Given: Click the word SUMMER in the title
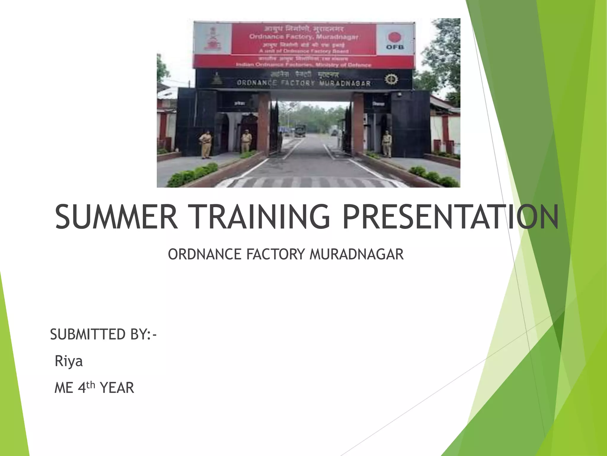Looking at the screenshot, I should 116,217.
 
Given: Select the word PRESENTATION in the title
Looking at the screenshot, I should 450,217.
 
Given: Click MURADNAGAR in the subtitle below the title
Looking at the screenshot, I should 356,254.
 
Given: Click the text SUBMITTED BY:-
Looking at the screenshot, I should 103,335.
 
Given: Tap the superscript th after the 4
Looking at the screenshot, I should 91,385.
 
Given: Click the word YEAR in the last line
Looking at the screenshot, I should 117,388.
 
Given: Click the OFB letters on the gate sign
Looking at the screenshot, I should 394,47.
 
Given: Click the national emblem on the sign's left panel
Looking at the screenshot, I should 212,39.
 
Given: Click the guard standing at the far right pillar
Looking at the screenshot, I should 387,144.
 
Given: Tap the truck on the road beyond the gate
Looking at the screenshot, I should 300,131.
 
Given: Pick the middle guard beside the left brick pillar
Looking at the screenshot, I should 246,141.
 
